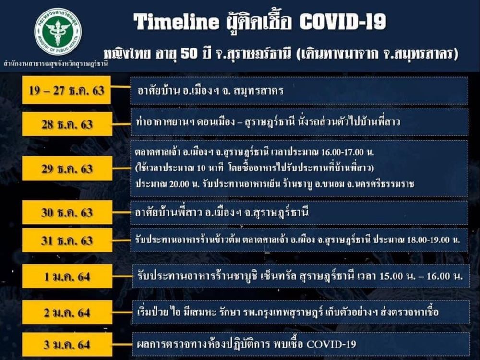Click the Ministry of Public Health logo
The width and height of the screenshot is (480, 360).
(x=58, y=32)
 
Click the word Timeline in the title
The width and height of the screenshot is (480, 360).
(x=176, y=22)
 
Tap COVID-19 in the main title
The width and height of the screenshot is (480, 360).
(x=343, y=22)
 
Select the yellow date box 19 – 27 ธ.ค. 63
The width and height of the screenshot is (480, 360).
(x=66, y=90)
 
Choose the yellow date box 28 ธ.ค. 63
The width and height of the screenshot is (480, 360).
(x=67, y=124)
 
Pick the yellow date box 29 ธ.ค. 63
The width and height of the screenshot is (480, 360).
(x=67, y=168)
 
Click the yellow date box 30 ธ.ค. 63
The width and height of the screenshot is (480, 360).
(x=67, y=212)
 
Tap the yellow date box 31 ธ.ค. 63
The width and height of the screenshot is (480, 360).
(x=67, y=240)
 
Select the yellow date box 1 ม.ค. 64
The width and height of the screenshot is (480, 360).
(x=67, y=276)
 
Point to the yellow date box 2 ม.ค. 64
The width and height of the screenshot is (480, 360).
(x=67, y=312)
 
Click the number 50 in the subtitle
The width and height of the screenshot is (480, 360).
(x=189, y=54)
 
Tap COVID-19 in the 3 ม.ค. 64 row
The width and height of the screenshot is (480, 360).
(x=331, y=344)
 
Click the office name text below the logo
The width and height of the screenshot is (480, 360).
(x=56, y=64)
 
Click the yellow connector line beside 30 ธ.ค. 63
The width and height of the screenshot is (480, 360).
(x=121, y=212)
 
